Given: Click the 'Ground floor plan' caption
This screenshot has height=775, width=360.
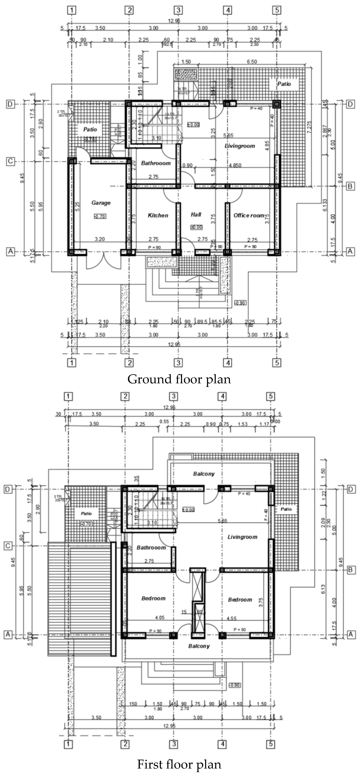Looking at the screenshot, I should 179,379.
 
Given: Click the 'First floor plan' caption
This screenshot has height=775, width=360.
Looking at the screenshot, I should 179,764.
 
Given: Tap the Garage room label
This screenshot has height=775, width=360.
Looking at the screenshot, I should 101,203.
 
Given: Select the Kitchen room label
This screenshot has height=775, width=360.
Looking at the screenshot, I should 158,215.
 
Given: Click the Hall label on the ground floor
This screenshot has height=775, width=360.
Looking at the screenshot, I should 196,214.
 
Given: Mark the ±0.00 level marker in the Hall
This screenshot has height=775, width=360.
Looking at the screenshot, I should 196,227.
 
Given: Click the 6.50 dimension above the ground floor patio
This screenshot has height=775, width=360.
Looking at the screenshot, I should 252,62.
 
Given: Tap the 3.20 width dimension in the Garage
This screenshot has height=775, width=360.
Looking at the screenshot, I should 100,239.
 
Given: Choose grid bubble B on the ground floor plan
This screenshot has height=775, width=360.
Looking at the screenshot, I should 350,186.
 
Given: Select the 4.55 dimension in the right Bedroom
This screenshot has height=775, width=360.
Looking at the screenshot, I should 231,619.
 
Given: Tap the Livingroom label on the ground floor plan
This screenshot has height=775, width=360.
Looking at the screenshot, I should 240,146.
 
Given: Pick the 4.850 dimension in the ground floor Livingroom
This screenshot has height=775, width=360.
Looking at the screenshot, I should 235,165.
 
